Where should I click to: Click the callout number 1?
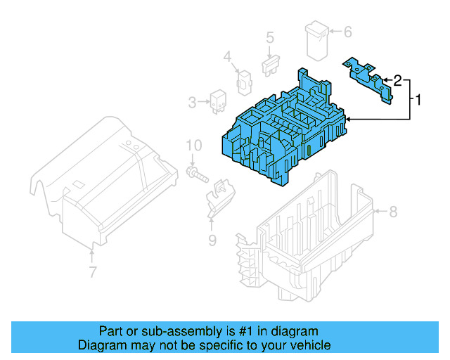[x=419, y=101]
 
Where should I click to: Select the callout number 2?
[x=397, y=81]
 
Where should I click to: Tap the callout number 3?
[x=192, y=103]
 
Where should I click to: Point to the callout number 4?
[x=227, y=57]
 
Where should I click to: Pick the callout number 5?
[x=269, y=37]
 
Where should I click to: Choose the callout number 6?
[x=347, y=32]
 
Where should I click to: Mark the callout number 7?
[x=93, y=272]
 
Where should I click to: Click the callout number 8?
[x=394, y=211]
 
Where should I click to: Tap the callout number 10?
[x=193, y=146]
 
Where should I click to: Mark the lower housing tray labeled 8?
[x=309, y=232]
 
